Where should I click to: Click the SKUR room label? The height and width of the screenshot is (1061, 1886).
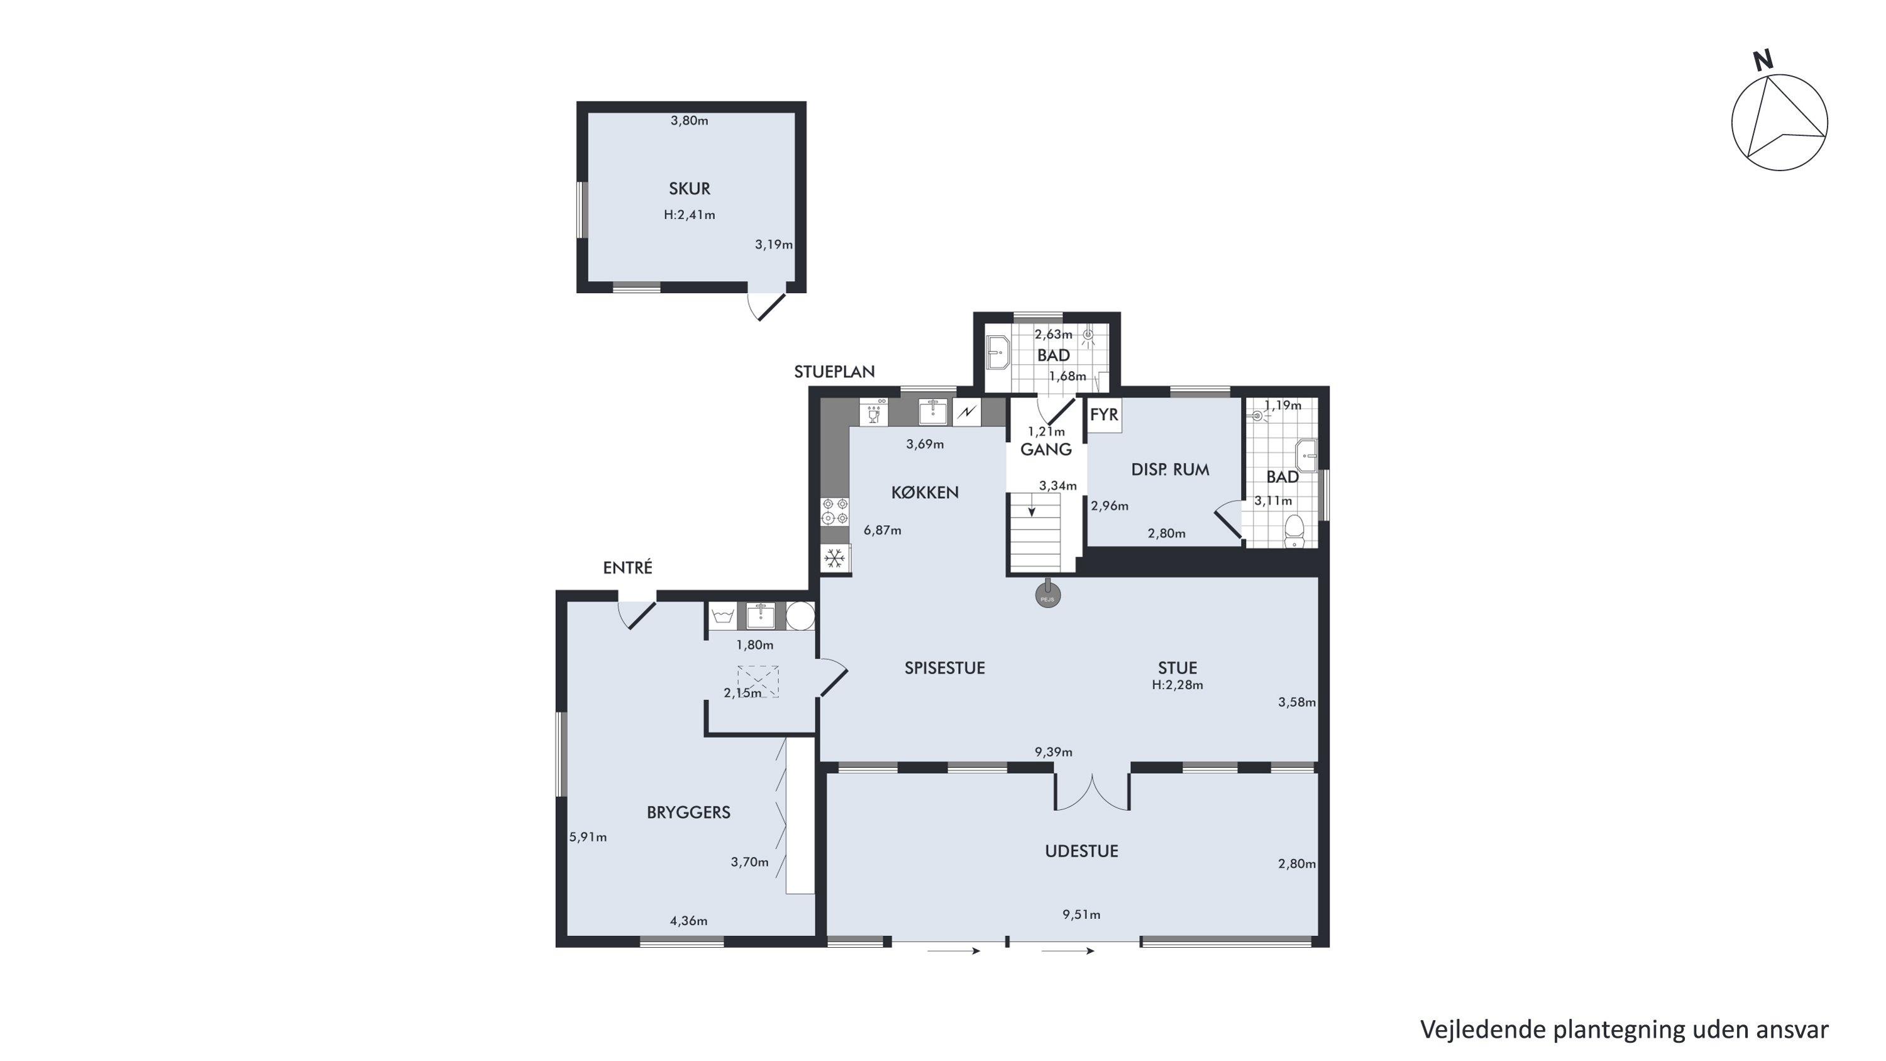tap(689, 189)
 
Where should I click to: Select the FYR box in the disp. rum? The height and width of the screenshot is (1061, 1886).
tap(1104, 415)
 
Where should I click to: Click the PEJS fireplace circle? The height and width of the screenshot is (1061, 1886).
tap(1048, 597)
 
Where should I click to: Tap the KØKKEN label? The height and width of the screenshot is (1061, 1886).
tap(925, 493)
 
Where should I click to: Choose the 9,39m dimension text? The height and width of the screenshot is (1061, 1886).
tap(1054, 752)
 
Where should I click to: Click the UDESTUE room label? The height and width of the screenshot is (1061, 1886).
tap(1081, 852)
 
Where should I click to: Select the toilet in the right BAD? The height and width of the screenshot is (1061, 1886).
tap(1294, 531)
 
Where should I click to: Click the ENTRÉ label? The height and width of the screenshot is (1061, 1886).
tap(627, 567)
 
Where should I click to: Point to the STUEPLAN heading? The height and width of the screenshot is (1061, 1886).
tap(835, 372)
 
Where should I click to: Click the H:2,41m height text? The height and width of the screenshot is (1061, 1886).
tap(690, 215)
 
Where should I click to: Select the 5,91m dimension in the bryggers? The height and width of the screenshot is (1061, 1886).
tap(588, 837)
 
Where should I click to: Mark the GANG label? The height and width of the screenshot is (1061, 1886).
tap(1045, 450)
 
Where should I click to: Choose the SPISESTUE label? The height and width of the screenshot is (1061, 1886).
tap(944, 668)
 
